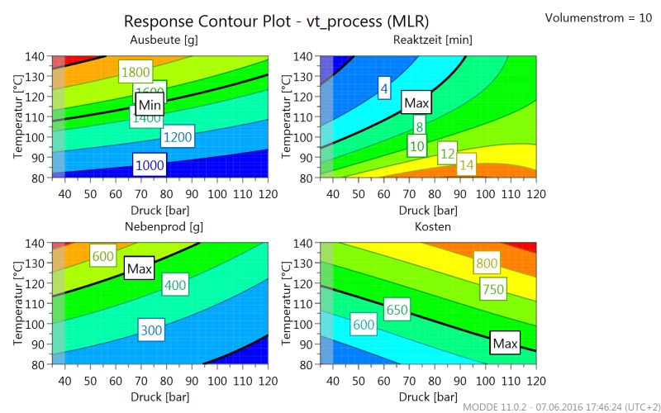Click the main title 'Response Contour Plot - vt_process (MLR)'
(276, 21)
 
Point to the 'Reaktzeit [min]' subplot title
(433, 40)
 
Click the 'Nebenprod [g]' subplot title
(164, 226)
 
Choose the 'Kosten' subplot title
(432, 226)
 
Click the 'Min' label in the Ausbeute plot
(150, 105)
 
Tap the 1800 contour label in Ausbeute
(136, 72)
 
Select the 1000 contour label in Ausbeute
(150, 165)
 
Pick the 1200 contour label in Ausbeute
(177, 137)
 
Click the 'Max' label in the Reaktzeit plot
(416, 102)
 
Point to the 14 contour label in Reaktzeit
(467, 165)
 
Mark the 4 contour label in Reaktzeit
(384, 88)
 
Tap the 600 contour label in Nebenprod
(103, 257)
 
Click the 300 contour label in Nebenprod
(151, 330)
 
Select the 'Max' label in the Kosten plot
(504, 343)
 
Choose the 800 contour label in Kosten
(487, 264)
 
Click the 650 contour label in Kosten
(397, 311)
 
